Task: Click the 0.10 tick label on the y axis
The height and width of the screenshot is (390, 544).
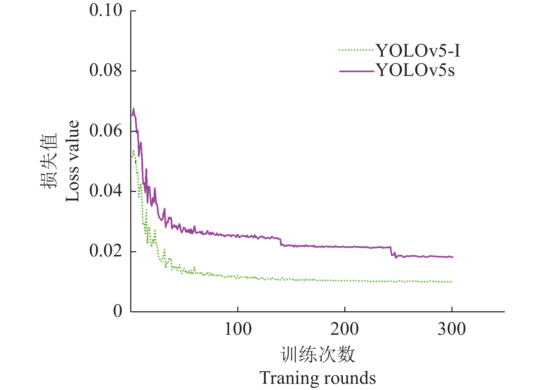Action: pos(106,10)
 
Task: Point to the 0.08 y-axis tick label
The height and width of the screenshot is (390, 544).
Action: pos(106,70)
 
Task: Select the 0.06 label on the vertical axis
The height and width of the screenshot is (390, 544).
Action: pos(106,131)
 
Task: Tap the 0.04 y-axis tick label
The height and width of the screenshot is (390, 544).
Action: pos(106,191)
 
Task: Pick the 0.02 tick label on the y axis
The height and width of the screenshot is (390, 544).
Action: pos(106,251)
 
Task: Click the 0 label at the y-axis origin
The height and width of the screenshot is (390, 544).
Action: pos(118,311)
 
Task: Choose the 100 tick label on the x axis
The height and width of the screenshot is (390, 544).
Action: pos(238,329)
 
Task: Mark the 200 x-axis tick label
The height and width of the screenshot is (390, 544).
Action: pos(344,329)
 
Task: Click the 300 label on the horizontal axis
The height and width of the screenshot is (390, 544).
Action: pos(451,329)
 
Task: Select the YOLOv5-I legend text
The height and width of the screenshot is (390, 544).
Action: pos(418,51)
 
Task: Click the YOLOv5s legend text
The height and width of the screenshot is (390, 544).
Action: pos(416,70)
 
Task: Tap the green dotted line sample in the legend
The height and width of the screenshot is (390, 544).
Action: pos(356,50)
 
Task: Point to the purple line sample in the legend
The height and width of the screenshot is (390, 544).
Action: pos(356,71)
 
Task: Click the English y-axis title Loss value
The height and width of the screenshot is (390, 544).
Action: pos(73,161)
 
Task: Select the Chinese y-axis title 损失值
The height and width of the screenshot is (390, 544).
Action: pos(48,161)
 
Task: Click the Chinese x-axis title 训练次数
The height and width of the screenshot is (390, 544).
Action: pos(318,355)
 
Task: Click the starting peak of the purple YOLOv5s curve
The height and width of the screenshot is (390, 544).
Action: pos(133,109)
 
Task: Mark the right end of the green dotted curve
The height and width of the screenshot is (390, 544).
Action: pos(451,282)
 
